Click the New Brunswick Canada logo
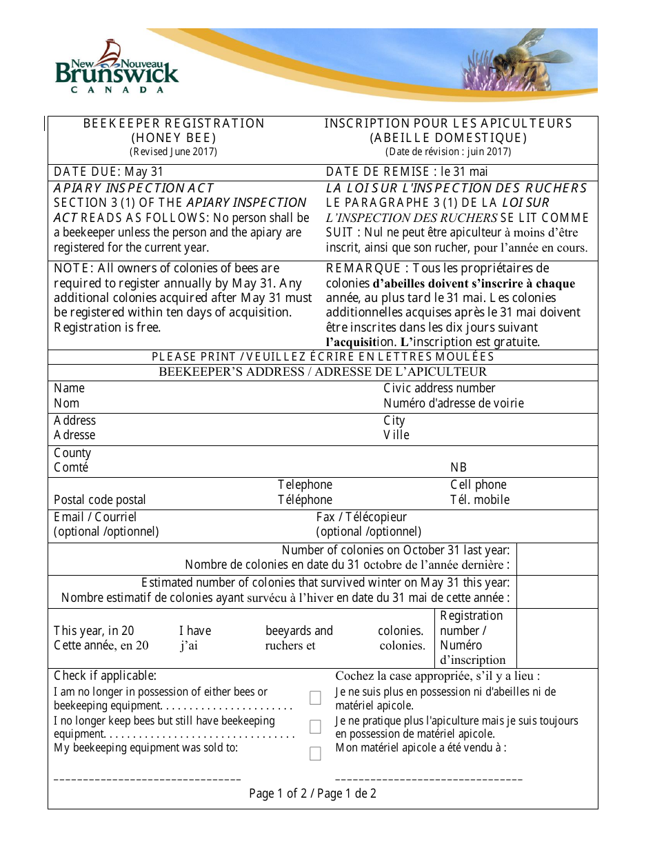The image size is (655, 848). click(x=117, y=68)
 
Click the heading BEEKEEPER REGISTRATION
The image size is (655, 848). click(x=174, y=123)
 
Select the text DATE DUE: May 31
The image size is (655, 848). click(x=108, y=172)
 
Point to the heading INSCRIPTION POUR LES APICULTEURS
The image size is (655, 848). click(x=448, y=123)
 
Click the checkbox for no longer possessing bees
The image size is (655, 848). click(x=315, y=698)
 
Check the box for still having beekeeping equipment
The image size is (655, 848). click(x=315, y=727)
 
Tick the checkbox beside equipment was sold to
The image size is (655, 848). click(x=315, y=754)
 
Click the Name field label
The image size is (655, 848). click(x=69, y=388)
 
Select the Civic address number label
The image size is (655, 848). click(x=439, y=388)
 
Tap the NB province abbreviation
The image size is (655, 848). click(x=458, y=467)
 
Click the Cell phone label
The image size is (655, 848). click(x=478, y=485)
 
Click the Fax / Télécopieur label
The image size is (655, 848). click(x=361, y=517)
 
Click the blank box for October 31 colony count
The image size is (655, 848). click(x=556, y=558)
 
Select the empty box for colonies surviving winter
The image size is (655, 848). click(x=556, y=592)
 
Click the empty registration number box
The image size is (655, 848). click(x=556, y=638)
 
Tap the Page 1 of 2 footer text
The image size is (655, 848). click(x=312, y=794)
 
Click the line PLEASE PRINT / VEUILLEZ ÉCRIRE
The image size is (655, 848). click(x=323, y=357)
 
